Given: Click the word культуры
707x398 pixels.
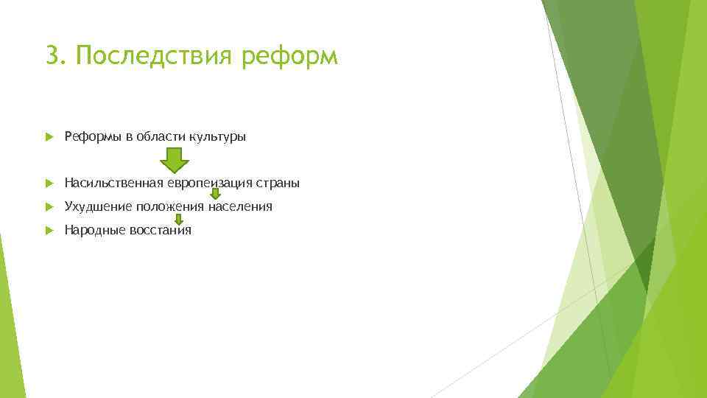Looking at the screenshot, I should click(x=217, y=137).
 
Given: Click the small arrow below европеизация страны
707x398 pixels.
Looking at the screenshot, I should click(x=216, y=194).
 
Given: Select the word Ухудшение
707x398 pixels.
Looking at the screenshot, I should click(x=98, y=207).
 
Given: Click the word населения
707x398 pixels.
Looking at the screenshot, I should click(x=240, y=206).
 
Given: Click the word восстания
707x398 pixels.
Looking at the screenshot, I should click(x=161, y=230).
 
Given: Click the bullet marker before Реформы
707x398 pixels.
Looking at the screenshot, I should click(x=49, y=137).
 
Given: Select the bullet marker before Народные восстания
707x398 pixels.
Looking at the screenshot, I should click(x=49, y=231).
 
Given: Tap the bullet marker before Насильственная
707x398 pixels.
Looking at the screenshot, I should click(x=49, y=184).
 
